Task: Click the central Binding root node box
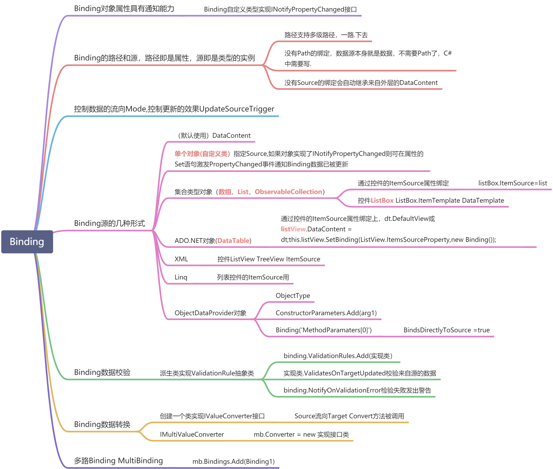[x=27, y=242]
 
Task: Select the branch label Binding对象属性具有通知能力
[x=124, y=8]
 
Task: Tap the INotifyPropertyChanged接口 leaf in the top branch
[x=280, y=9]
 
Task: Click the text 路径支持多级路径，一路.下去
[x=326, y=35]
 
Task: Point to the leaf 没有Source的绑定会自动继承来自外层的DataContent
[x=361, y=83]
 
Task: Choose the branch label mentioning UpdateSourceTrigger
[x=174, y=109]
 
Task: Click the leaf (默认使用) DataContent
[x=214, y=136]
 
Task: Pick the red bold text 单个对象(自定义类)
[x=202, y=154]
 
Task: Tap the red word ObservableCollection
[x=288, y=192]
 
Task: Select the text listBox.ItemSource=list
[x=512, y=183]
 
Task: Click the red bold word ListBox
[x=382, y=201]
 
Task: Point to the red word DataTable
[x=233, y=241]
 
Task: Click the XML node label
[x=181, y=259]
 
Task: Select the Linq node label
[x=181, y=277]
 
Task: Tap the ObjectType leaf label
[x=293, y=296]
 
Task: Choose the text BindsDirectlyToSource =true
[x=446, y=330]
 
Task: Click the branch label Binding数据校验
[x=102, y=372]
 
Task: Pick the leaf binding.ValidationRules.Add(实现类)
[x=338, y=356]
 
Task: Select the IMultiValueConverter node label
[x=192, y=435]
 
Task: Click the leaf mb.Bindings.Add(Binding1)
[x=233, y=461]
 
